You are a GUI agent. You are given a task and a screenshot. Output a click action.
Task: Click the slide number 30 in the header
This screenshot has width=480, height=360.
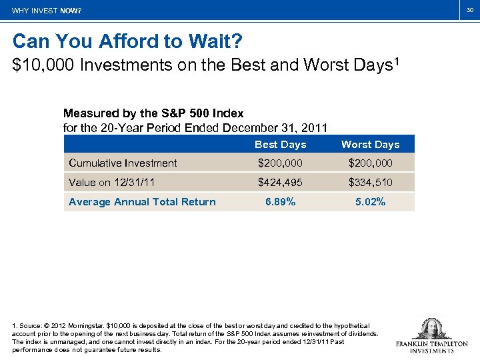coord(469,11)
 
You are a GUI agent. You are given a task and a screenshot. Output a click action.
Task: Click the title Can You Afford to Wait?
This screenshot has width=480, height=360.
coord(127,42)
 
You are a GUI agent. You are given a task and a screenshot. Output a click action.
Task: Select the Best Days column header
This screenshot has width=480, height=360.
coord(280,145)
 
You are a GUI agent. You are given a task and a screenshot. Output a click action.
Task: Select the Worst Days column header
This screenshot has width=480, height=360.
coord(370,145)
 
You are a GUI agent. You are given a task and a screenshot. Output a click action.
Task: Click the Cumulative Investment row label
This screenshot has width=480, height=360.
coord(123,163)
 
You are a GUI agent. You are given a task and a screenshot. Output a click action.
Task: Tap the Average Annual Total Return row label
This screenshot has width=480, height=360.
coord(142,202)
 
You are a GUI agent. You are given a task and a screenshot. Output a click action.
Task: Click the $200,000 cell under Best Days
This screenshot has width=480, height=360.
coord(280,163)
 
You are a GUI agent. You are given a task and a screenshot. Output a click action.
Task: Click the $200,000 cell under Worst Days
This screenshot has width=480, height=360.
coord(370,163)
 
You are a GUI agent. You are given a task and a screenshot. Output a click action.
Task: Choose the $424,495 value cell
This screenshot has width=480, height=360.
coord(280,183)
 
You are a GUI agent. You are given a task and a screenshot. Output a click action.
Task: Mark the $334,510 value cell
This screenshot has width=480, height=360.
coord(370,183)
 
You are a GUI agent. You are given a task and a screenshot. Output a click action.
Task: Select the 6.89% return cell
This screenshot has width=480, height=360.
coord(280,202)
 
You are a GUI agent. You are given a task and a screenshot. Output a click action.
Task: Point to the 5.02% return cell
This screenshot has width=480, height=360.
coord(370,202)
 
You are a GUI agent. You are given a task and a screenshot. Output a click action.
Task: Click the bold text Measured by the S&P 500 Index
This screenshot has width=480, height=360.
coord(153,113)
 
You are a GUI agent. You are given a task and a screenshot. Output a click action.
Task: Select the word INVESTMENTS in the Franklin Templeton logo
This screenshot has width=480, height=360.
coord(431,350)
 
